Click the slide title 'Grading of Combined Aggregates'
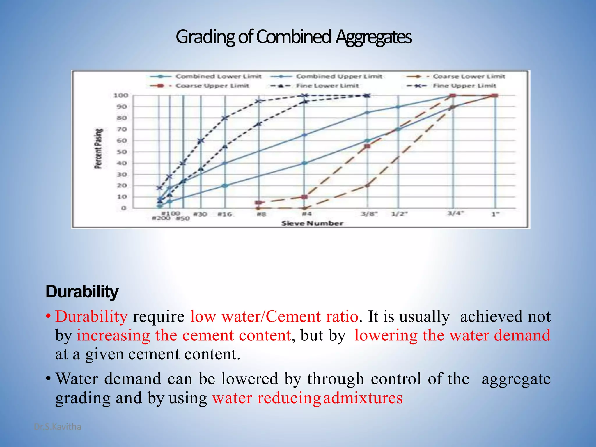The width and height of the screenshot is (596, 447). click(x=294, y=37)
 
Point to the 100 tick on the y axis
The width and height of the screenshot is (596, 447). click(x=121, y=95)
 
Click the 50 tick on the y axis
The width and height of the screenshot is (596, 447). click(x=122, y=152)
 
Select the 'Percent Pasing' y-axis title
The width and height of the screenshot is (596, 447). click(x=99, y=148)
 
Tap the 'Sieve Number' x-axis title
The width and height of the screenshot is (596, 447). click(x=312, y=223)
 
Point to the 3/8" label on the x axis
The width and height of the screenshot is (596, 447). click(x=369, y=214)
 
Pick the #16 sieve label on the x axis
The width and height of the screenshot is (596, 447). click(x=225, y=214)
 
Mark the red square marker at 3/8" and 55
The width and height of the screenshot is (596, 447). click(x=367, y=146)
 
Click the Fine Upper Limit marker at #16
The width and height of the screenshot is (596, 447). click(x=225, y=118)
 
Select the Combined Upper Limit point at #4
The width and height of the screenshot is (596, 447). click(x=304, y=135)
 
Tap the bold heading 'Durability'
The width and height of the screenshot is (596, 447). click(x=82, y=292)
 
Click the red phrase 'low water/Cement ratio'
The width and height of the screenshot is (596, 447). click(x=274, y=316)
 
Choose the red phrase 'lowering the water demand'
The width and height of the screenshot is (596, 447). click(x=452, y=335)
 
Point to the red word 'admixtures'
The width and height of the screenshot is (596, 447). click(x=363, y=398)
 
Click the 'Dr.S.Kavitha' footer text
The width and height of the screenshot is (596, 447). click(x=58, y=427)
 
